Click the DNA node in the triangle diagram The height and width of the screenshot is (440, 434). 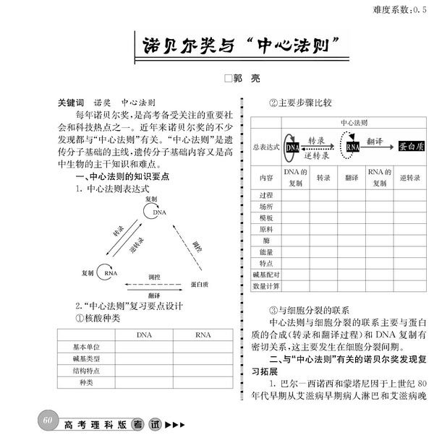click(158, 212)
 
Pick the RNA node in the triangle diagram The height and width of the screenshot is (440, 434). click(110, 273)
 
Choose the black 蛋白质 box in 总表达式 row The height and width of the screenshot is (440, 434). click(412, 147)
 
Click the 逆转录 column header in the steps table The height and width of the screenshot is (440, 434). click(409, 177)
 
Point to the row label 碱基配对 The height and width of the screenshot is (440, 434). click(266, 275)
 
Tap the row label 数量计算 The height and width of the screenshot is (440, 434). click(266, 286)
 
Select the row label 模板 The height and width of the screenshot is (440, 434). click(266, 217)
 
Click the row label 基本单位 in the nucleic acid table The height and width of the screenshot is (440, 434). click(85, 347)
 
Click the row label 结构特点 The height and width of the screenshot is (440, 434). click(85, 371)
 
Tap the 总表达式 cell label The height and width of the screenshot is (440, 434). click(266, 147)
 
